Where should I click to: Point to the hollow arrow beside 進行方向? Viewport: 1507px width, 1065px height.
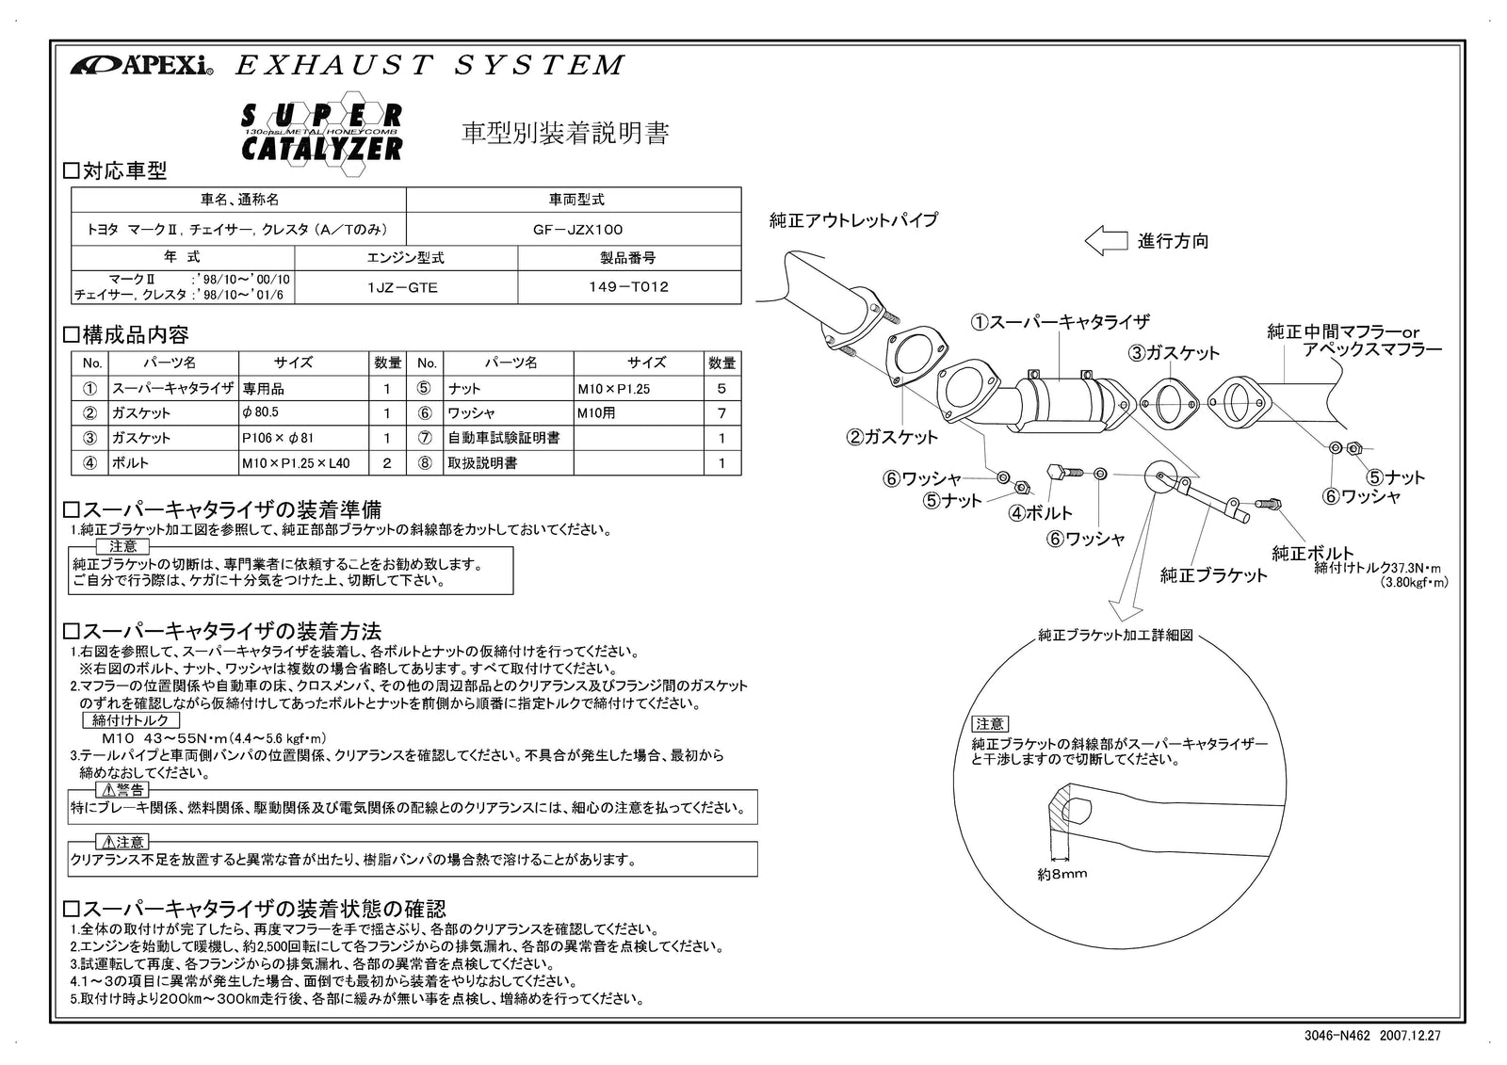pyautogui.click(x=1106, y=241)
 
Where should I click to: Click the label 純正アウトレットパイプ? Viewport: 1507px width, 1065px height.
pyautogui.click(x=853, y=220)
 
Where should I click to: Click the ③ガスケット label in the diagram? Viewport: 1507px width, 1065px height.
pyautogui.click(x=1175, y=353)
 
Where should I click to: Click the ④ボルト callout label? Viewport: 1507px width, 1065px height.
pyautogui.click(x=1041, y=513)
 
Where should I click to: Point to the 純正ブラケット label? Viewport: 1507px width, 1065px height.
pyautogui.click(x=1214, y=575)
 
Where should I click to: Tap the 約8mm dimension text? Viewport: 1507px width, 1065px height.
pyautogui.click(x=1061, y=874)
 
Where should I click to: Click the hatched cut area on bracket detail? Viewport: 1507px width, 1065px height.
pyautogui.click(x=1061, y=812)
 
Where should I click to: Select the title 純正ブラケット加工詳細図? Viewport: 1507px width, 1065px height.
pyautogui.click(x=1115, y=636)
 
